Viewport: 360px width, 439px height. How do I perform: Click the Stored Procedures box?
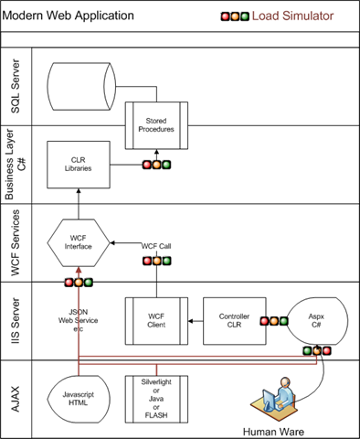[156, 125]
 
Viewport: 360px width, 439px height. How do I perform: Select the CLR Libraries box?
[79, 165]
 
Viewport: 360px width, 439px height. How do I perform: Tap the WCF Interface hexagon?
[79, 242]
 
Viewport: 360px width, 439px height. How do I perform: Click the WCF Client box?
[156, 321]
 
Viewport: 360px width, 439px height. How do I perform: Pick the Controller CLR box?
[235, 321]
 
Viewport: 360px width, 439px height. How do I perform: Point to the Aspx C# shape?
[317, 321]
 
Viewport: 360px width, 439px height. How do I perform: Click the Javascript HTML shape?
[79, 399]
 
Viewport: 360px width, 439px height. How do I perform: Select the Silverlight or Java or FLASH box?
[156, 399]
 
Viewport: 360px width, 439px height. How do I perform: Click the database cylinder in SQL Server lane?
[81, 86]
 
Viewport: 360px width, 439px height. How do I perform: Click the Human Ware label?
[273, 432]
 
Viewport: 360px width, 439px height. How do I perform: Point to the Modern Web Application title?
[68, 16]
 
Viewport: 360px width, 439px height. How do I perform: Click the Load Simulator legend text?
[292, 16]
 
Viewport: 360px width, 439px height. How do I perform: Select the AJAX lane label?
[16, 399]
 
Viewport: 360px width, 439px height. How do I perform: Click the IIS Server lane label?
[16, 321]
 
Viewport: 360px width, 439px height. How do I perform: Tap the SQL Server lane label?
[16, 86]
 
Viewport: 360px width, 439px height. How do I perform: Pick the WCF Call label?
[156, 246]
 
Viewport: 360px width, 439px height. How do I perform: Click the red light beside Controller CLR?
[264, 321]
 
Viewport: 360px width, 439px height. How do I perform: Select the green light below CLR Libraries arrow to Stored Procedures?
[166, 165]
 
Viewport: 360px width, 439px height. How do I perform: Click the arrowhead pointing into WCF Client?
[191, 321]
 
